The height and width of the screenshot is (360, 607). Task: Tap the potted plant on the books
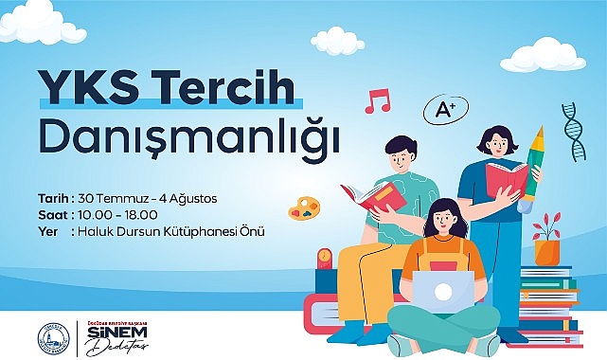tap(546, 241)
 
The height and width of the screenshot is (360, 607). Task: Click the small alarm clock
tap(324, 259)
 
